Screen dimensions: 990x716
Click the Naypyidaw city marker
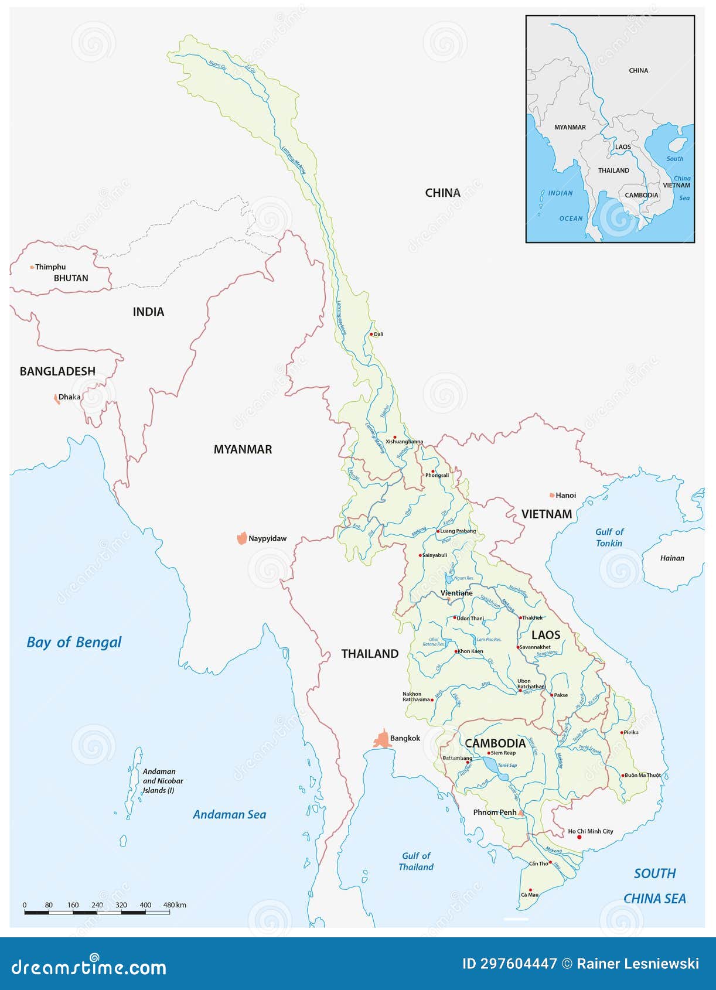pos(241,538)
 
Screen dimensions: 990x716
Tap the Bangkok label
pos(405,738)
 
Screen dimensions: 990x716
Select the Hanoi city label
pos(565,495)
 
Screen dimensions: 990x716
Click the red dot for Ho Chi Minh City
pos(579,838)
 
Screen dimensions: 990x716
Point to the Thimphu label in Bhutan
pos(50,267)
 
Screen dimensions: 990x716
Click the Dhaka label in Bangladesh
pos(69,397)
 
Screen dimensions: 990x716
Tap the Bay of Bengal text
pos(74,642)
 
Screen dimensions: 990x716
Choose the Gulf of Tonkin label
pos(609,537)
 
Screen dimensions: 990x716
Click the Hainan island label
pos(672,558)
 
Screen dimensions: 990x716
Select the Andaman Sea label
pos(229,814)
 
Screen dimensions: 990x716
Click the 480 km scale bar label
pos(174,905)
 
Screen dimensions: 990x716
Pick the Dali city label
pos(379,334)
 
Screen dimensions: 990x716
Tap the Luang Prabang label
pos(458,531)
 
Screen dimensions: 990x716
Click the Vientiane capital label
pos(456,593)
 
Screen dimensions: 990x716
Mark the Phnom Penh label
pos(495,812)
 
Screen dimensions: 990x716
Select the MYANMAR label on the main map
pos(243,449)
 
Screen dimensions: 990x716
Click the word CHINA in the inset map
pos(638,70)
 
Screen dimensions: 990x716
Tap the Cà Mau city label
pos(529,895)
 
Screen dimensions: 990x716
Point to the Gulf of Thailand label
pos(417,861)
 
